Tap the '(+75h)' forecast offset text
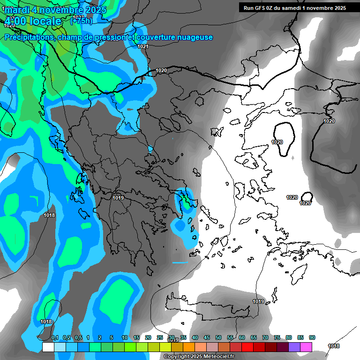coord(81,21)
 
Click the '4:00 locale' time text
coord(33,21)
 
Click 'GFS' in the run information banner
coord(265,7)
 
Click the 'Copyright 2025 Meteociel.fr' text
coord(199,357)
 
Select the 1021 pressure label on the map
coord(143,46)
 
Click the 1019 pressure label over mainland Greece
coord(118,198)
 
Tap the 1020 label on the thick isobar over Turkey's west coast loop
coord(277,142)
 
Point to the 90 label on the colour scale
coord(312,338)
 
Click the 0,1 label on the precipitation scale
coord(54,338)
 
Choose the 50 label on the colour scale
coord(218,338)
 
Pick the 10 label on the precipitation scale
coord(125,338)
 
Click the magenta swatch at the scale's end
coord(306,347)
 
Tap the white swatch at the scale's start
coord(48,347)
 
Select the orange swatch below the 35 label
coord(188,347)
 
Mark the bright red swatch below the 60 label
coord(247,347)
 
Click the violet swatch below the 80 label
coord(294,347)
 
